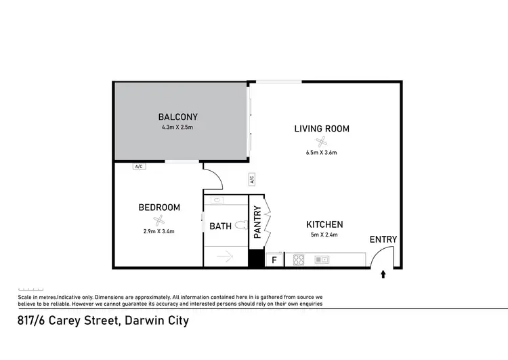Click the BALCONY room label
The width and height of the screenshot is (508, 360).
click(178, 117)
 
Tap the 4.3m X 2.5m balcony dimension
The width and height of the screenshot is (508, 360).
click(178, 127)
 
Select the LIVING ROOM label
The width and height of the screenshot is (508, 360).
click(321, 128)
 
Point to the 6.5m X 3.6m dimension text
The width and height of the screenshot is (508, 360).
click(321, 153)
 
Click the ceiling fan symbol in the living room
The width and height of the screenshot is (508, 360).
click(321, 141)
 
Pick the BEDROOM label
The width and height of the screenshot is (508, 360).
click(159, 207)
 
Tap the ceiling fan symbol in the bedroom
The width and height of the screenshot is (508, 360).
click(159, 220)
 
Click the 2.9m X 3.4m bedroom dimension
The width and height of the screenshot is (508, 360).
click(159, 231)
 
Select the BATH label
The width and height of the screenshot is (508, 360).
click(221, 226)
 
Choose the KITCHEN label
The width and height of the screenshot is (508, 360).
click(324, 224)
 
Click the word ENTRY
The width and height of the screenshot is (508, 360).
click(383, 239)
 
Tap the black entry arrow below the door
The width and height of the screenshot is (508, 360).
click(383, 274)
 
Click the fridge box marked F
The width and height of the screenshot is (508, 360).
click(274, 260)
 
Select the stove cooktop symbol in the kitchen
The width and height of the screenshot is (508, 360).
click(298, 259)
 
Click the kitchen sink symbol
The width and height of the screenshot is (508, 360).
click(321, 259)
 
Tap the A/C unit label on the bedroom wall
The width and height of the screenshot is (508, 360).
click(139, 166)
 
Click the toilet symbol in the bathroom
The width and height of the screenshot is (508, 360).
click(218, 201)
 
